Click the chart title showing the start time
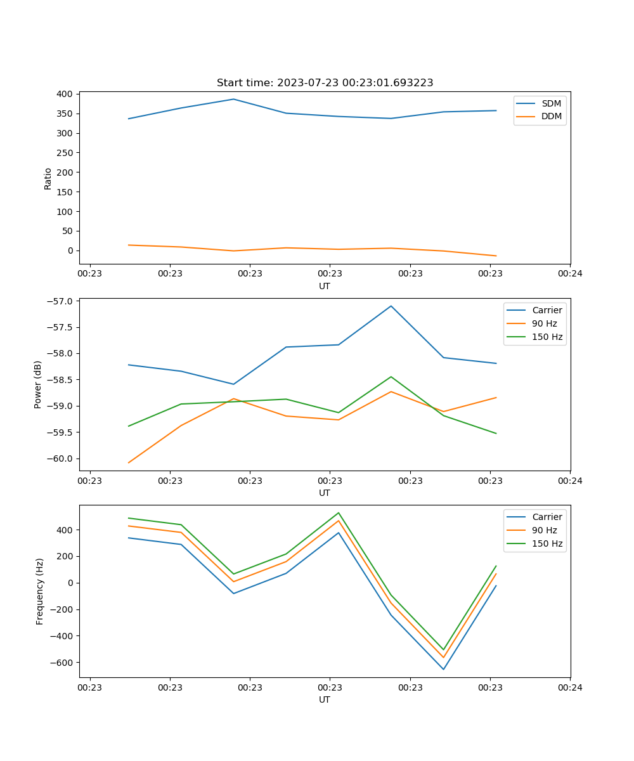point(325,83)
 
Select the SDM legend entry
point(551,103)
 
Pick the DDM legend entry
point(551,116)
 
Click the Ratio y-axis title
point(48,178)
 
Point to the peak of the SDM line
point(233,99)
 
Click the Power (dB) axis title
point(38,384)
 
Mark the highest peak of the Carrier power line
point(391,306)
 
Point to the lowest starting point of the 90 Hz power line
point(129,462)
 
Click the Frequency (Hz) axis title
point(40,591)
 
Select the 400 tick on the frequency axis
point(66,530)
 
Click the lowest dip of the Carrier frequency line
point(443,669)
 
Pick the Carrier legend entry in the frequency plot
point(547,517)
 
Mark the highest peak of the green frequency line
point(339,512)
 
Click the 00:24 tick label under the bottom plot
point(570,687)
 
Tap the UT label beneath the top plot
point(325,286)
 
